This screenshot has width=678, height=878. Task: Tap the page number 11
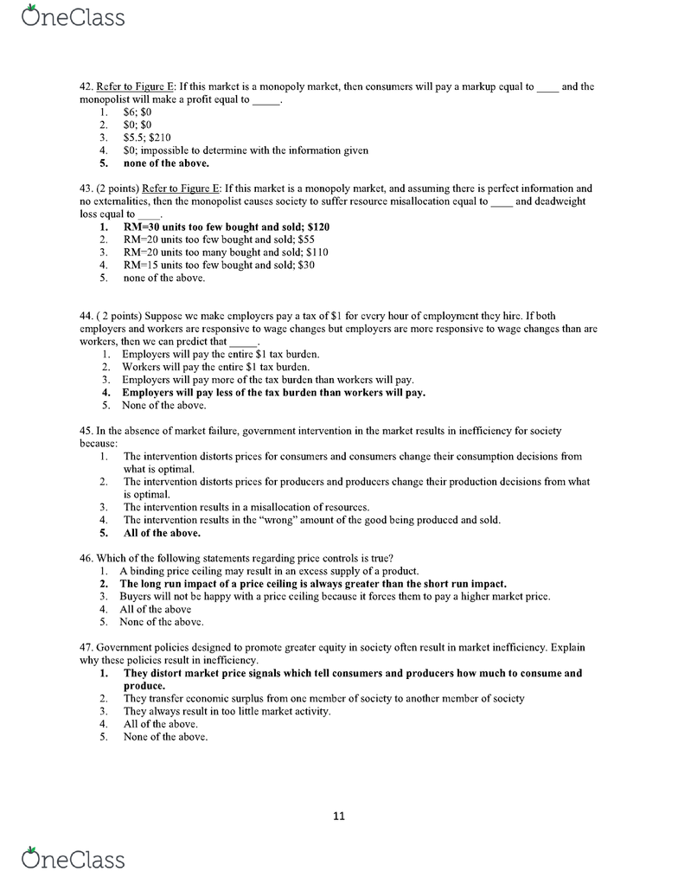point(339,815)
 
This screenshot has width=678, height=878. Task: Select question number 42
point(86,87)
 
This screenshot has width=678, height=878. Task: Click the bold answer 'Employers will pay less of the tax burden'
point(273,392)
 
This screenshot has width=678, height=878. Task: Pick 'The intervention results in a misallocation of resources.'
point(246,507)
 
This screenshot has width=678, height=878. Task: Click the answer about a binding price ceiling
point(269,571)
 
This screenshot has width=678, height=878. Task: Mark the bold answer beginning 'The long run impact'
point(313,584)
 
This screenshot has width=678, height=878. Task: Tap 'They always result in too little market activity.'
point(227,711)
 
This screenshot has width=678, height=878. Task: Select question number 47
point(86,647)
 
